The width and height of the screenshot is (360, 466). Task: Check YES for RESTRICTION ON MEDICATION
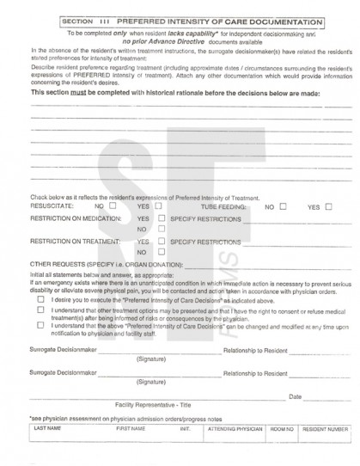pyautogui.click(x=161, y=219)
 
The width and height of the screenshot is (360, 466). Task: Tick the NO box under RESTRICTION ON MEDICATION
pyautogui.click(x=161, y=230)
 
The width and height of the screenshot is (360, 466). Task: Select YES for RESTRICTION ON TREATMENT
pyautogui.click(x=161, y=242)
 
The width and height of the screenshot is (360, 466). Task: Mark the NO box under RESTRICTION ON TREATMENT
pyautogui.click(x=161, y=253)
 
